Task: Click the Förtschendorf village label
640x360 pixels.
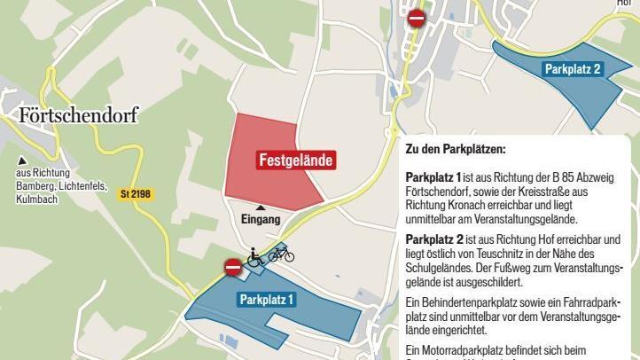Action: point(79,115)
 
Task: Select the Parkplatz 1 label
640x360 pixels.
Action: point(267,300)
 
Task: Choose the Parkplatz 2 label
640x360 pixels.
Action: point(573,68)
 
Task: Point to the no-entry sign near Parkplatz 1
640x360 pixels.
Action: point(232,266)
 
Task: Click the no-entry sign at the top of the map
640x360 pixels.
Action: point(416,18)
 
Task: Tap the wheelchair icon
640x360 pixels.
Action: point(254,257)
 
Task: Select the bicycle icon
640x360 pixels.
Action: point(281,254)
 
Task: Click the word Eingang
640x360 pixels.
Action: point(261,219)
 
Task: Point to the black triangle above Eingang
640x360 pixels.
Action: point(261,207)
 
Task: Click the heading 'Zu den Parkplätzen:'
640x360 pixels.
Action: point(456,150)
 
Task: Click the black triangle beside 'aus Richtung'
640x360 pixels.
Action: point(20,160)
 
